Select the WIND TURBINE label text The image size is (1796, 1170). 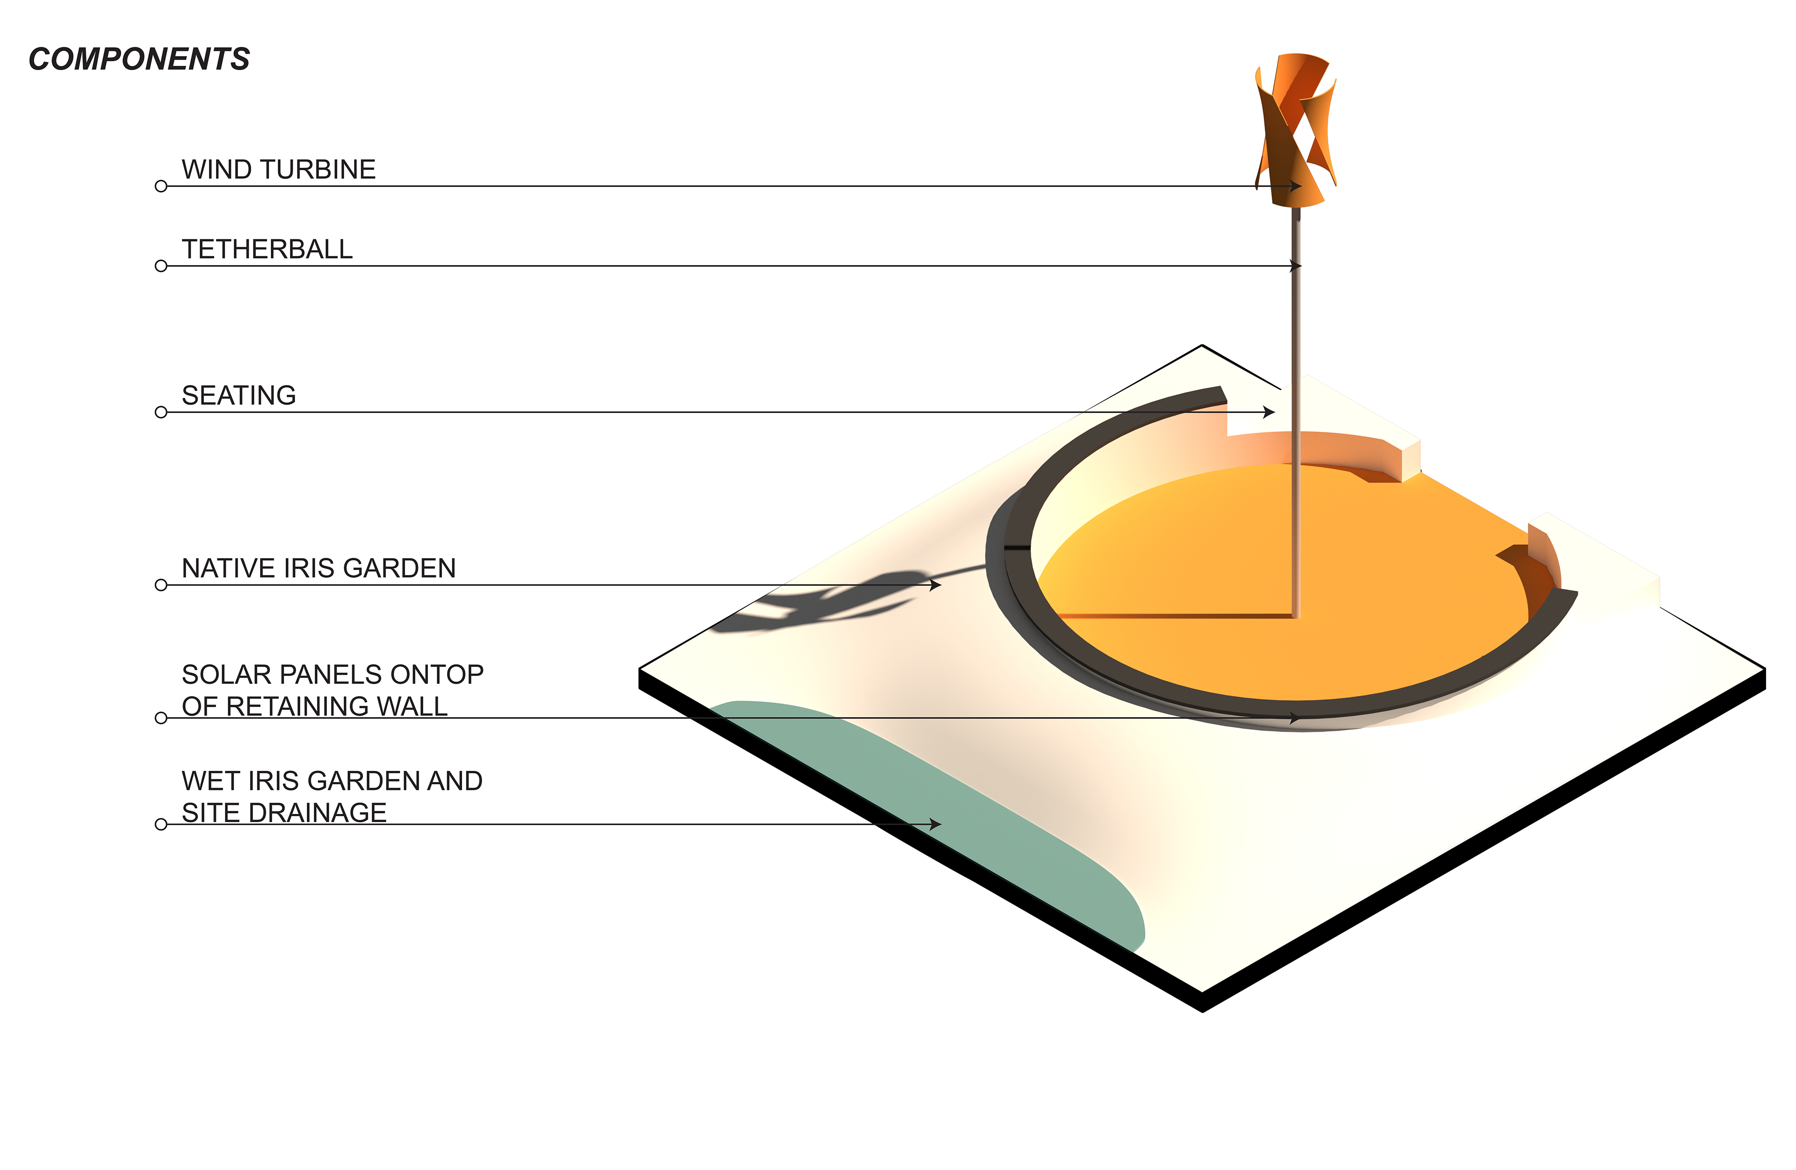click(x=278, y=169)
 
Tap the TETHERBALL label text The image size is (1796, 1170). click(x=267, y=249)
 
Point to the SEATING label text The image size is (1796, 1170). click(x=239, y=395)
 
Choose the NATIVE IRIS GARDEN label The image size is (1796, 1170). click(x=319, y=568)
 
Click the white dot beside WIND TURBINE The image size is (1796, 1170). click(x=161, y=187)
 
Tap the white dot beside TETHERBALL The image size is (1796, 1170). click(x=161, y=266)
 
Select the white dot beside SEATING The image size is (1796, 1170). click(x=161, y=412)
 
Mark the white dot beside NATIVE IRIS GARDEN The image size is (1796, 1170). click(x=161, y=585)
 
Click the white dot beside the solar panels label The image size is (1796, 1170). click(x=161, y=718)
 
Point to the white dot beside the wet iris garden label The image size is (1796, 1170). click(x=161, y=825)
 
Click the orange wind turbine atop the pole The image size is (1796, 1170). click(x=1296, y=128)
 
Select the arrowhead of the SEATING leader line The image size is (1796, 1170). click(x=1270, y=412)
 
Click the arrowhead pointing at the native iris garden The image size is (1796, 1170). click(x=936, y=585)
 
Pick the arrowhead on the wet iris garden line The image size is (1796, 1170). click(x=936, y=825)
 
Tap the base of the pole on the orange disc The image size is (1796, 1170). click(x=1296, y=614)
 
